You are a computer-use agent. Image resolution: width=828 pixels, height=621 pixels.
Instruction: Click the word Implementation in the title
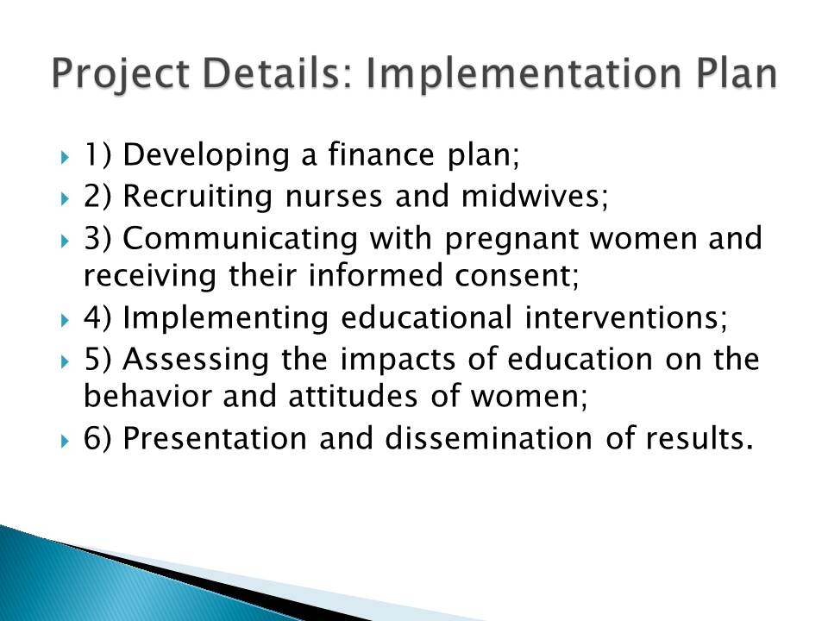523,74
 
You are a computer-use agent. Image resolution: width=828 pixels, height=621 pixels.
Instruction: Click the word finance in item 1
380,154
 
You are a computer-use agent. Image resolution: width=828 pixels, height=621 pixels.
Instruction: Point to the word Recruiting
198,197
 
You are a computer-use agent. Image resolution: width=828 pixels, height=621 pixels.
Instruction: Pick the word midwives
535,196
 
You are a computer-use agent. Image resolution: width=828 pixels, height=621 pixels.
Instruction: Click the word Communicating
241,238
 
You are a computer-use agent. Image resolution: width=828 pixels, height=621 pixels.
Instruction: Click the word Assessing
196,360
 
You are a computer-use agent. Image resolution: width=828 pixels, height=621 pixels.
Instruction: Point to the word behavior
147,396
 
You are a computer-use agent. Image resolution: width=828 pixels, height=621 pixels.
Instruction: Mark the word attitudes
353,396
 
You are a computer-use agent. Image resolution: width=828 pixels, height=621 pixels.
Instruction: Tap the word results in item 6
699,438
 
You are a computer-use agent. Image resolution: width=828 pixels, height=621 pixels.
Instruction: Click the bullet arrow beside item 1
65,157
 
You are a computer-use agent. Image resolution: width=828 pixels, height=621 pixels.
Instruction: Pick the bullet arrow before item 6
65,441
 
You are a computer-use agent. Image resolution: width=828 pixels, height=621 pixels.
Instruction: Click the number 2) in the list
97,197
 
